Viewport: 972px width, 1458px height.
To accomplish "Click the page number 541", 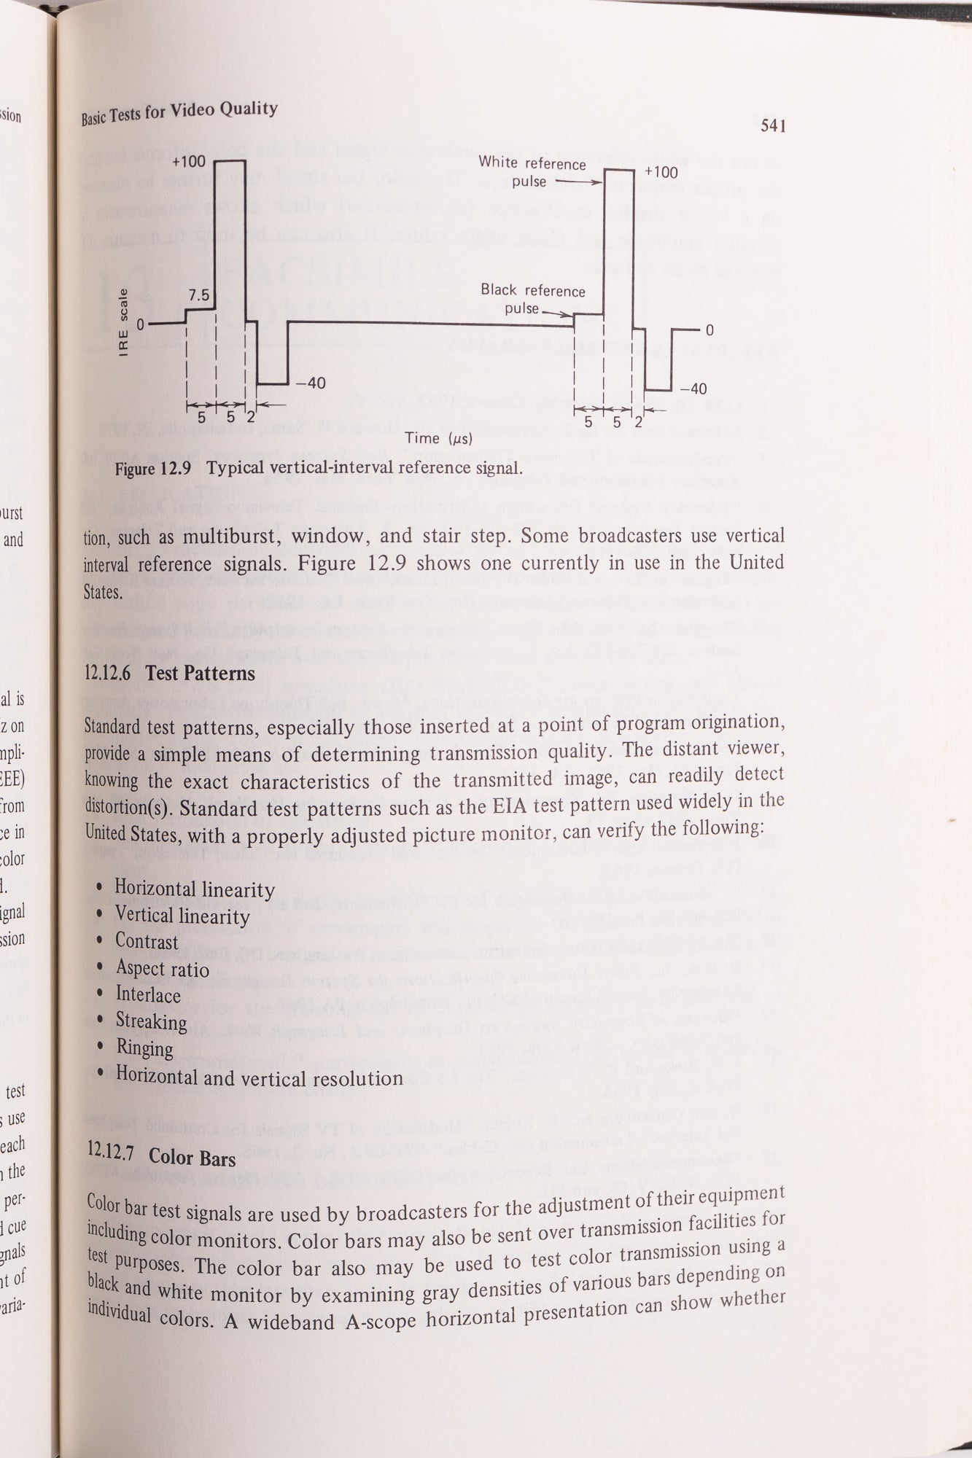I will pyautogui.click(x=772, y=126).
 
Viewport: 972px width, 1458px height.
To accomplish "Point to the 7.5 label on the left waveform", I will pyautogui.click(x=198, y=297).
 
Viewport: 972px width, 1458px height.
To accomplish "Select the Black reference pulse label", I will pyautogui.click(x=532, y=299).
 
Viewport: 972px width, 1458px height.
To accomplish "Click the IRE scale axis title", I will pyautogui.click(x=124, y=324).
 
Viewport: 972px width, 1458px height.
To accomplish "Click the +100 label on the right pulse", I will pyautogui.click(x=661, y=173).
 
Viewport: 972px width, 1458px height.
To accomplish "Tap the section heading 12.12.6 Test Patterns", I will pyautogui.click(x=170, y=673).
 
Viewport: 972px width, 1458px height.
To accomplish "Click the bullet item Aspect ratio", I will pyautogui.click(x=162, y=969).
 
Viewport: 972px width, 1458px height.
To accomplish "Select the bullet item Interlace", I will pyautogui.click(x=148, y=995).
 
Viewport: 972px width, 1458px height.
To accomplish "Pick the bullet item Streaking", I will pyautogui.click(x=151, y=1021).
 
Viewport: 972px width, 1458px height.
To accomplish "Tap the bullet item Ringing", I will pyautogui.click(x=144, y=1048).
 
